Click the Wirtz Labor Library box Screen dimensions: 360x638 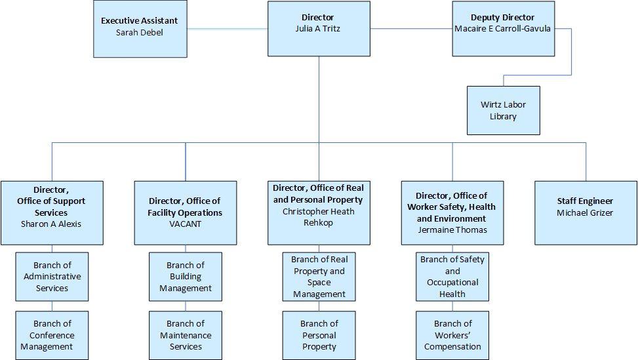pyautogui.click(x=504, y=110)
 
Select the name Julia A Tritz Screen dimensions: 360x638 pyautogui.click(x=319, y=29)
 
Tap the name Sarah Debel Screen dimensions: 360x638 pyautogui.click(x=139, y=32)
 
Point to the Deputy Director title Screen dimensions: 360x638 pyautogui.click(x=503, y=18)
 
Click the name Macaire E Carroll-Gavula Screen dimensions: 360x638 pyautogui.click(x=503, y=29)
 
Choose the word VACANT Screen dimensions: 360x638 pyautogui.click(x=186, y=224)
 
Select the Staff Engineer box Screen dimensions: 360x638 pyautogui.click(x=586, y=212)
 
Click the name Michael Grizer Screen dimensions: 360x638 pyautogui.click(x=586, y=212)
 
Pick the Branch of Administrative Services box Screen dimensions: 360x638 pyautogui.click(x=52, y=277)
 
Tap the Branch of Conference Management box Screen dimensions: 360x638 pyautogui.click(x=52, y=335)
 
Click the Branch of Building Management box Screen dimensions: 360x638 pyautogui.click(x=186, y=277)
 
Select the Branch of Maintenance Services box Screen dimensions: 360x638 pyautogui.click(x=186, y=335)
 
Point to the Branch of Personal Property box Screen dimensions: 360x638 pyautogui.click(x=319, y=335)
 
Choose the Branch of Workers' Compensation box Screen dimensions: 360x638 pyautogui.click(x=452, y=335)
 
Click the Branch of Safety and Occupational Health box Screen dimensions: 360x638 pyautogui.click(x=452, y=277)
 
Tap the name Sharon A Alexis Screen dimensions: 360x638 pyautogui.click(x=52, y=224)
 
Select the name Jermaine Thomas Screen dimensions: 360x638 pyautogui.click(x=452, y=230)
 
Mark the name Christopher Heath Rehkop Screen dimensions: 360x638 pyautogui.click(x=319, y=217)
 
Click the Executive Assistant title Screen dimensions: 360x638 pyautogui.click(x=139, y=21)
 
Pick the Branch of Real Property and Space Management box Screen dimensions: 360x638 pyautogui.click(x=319, y=277)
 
